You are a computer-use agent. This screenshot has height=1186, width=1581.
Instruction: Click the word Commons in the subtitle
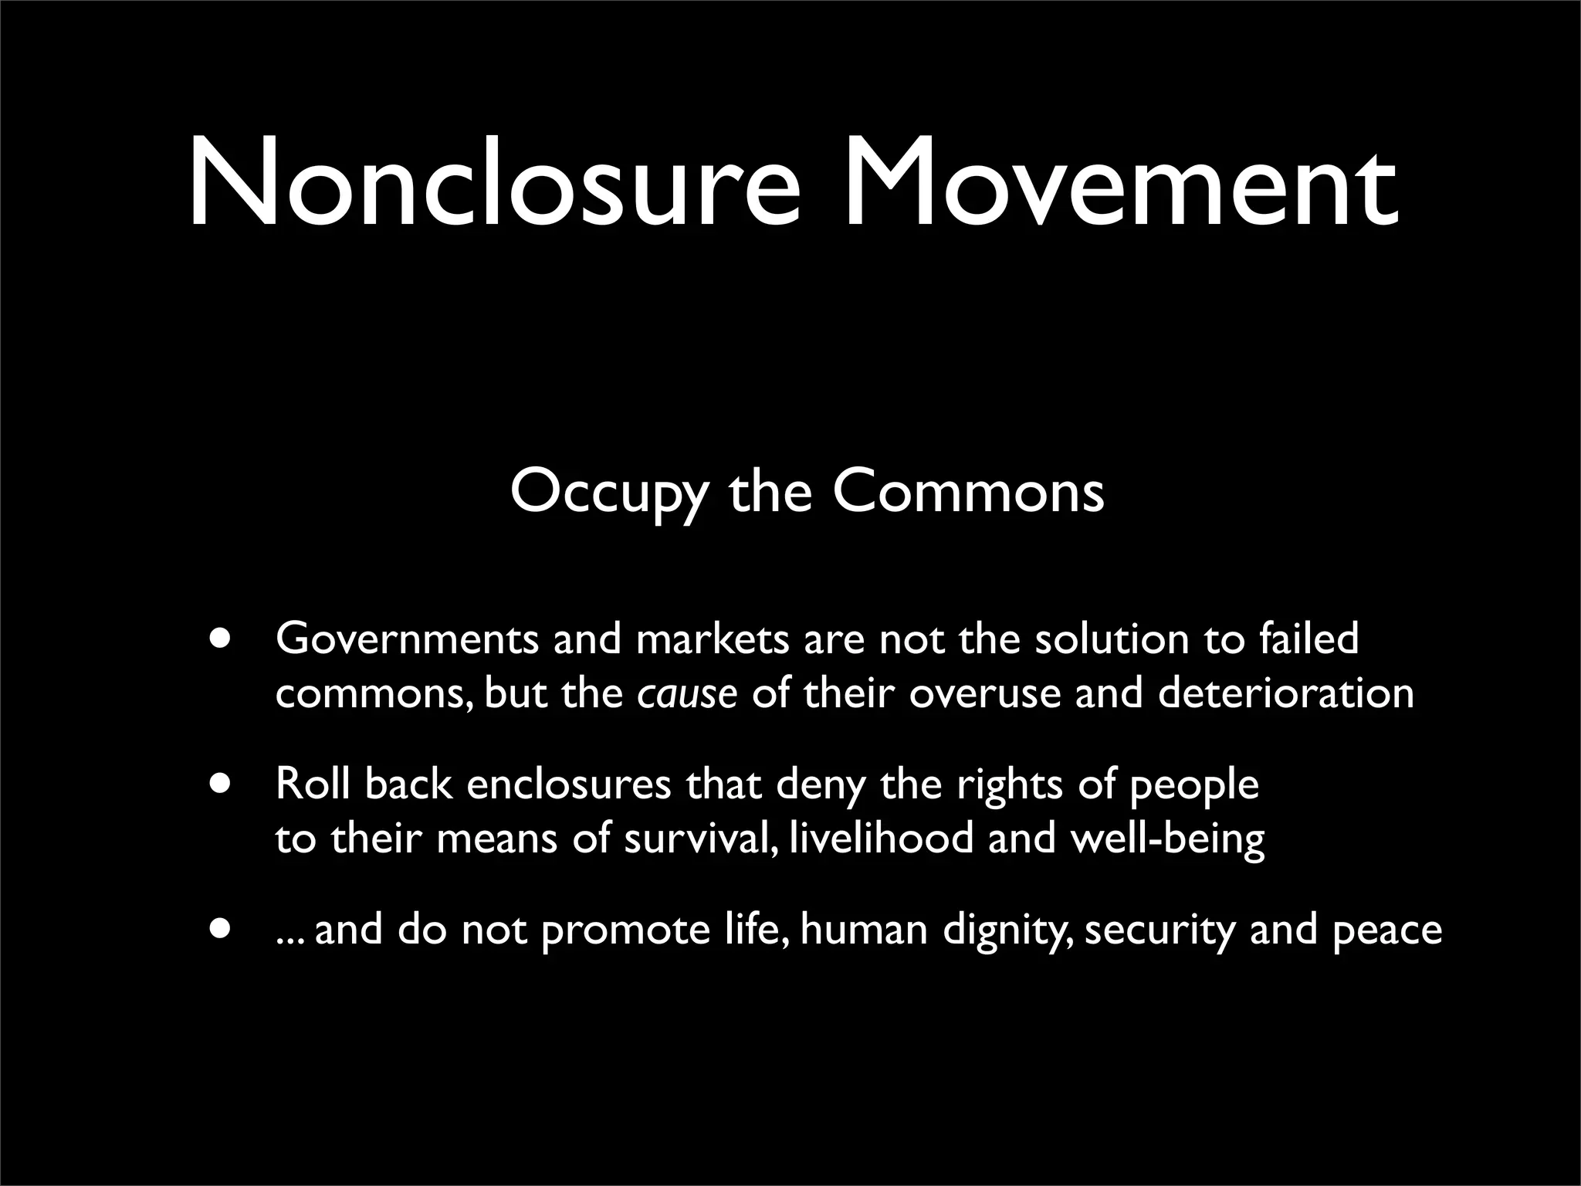pyautogui.click(x=968, y=493)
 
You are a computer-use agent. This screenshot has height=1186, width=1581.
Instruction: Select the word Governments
pyautogui.click(x=407, y=640)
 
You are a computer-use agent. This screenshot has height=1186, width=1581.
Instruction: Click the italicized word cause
pyautogui.click(x=687, y=693)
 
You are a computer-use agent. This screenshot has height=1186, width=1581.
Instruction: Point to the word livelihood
pyautogui.click(x=882, y=838)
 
